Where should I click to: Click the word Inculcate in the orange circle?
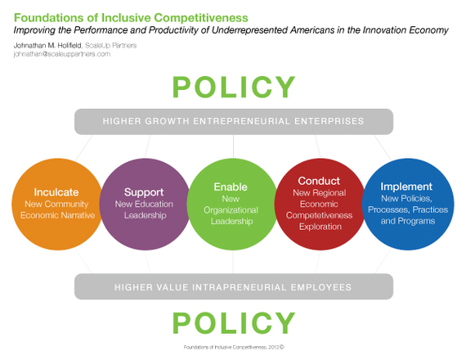point(56,192)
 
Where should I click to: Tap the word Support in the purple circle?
point(144,192)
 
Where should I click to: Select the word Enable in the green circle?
point(231,187)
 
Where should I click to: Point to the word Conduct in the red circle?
point(319,181)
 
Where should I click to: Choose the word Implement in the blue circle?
point(406,187)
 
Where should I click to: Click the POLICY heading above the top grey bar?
point(234,87)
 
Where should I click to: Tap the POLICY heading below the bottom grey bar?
point(234,323)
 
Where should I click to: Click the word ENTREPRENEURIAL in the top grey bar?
point(242,121)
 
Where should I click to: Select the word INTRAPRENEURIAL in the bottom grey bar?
point(240,287)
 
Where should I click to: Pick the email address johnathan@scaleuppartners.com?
point(62,54)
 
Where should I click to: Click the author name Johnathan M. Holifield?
point(47,46)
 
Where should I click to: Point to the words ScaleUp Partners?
point(110,46)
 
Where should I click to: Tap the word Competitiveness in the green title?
point(201,18)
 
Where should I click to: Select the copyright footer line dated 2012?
point(234,347)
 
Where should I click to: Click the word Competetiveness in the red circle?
point(319,215)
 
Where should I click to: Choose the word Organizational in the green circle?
point(231,210)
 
